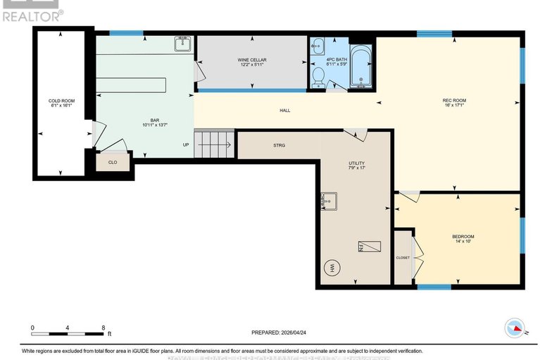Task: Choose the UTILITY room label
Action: click(x=357, y=166)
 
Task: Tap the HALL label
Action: click(x=284, y=111)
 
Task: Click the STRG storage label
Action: click(x=279, y=145)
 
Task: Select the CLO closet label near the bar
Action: click(x=113, y=162)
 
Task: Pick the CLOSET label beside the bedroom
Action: click(x=403, y=258)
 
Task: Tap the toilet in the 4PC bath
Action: click(x=318, y=76)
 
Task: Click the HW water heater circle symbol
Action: click(x=331, y=268)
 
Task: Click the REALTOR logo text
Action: click(x=32, y=15)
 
